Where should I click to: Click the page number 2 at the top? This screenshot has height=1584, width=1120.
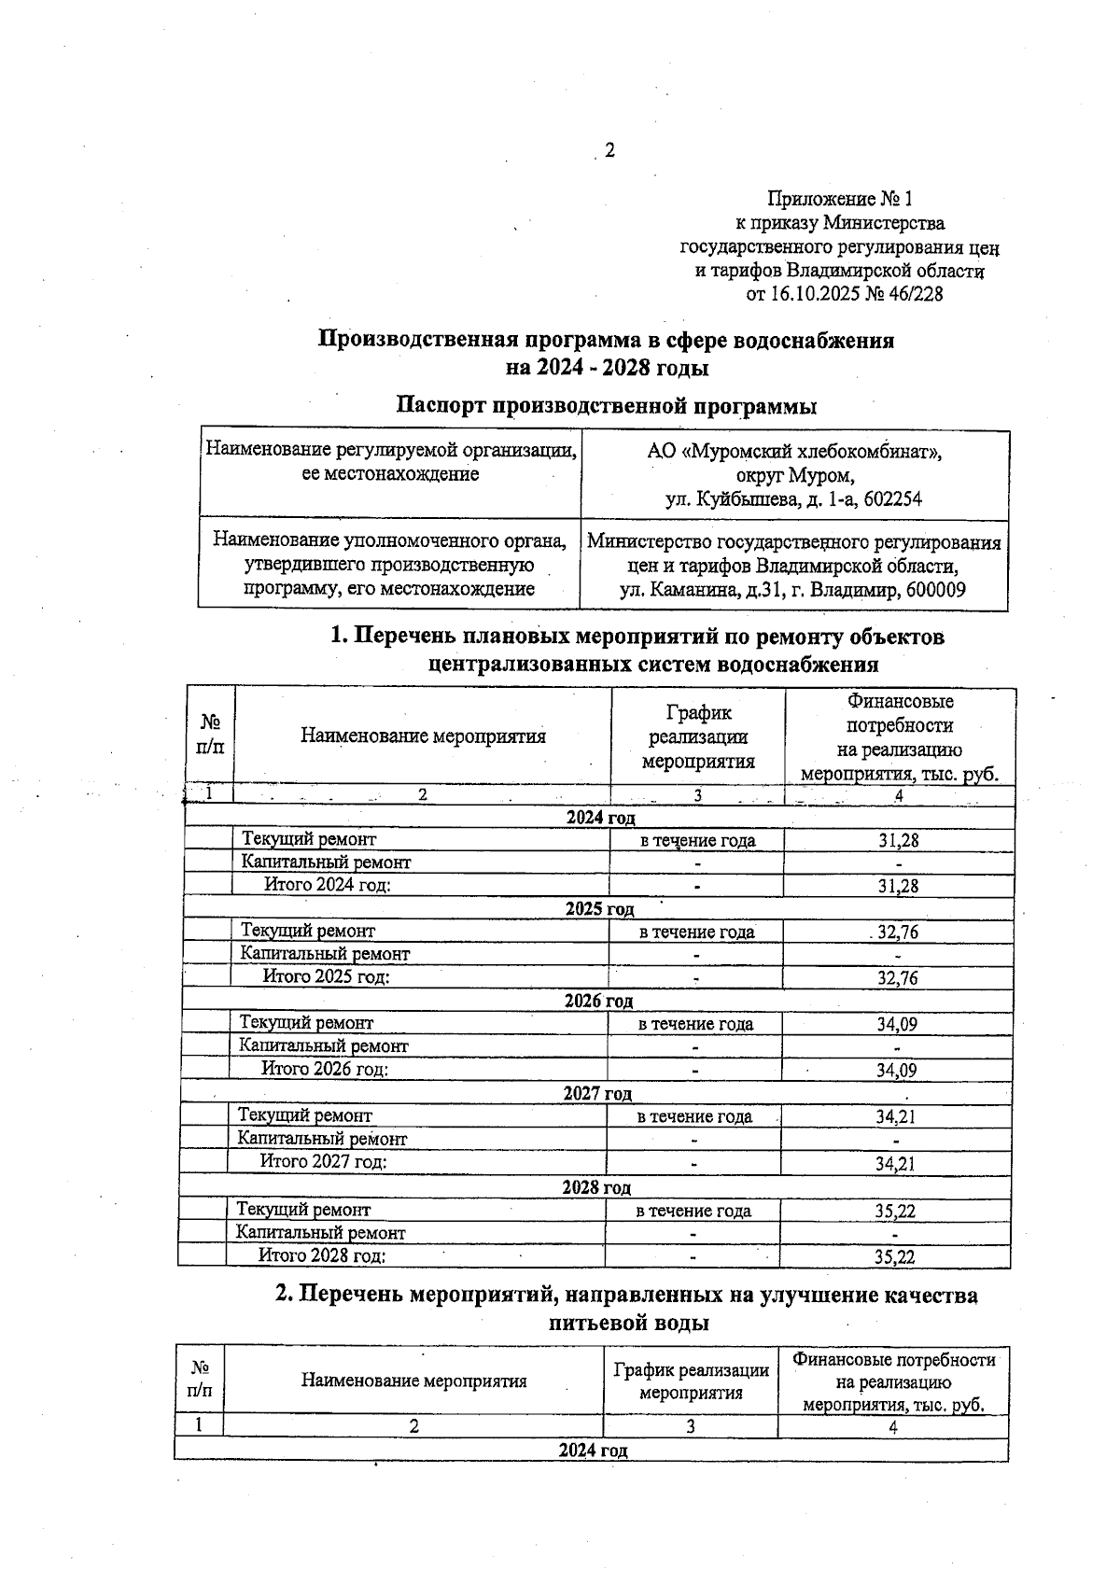(x=609, y=150)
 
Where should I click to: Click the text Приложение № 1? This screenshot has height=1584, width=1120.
(x=839, y=199)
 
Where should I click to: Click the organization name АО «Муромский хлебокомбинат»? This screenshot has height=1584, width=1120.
(x=794, y=453)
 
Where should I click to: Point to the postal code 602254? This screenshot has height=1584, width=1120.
(x=893, y=499)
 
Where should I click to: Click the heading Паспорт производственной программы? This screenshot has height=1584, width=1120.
(x=607, y=406)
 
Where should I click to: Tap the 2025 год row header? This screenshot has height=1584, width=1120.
(x=599, y=909)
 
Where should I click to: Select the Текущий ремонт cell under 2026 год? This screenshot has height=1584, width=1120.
(x=307, y=1023)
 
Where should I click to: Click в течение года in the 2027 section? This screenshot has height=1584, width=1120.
(x=694, y=1116)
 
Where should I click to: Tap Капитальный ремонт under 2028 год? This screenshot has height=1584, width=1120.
(x=321, y=1233)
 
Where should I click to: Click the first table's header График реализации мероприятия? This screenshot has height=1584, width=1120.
(x=698, y=737)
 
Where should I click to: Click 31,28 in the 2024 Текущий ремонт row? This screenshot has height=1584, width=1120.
(x=898, y=840)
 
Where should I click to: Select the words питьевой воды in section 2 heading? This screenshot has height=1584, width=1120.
(x=628, y=1323)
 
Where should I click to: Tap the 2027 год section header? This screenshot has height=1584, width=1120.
(x=597, y=1094)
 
